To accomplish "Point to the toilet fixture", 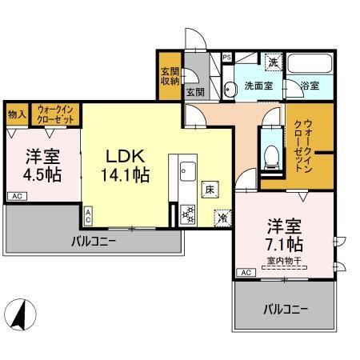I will pos(270,155).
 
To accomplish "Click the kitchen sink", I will pos(188,170).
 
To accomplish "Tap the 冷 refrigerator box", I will pos(221,215).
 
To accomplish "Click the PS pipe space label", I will pos(226,58).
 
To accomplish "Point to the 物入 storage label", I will pos(18,114).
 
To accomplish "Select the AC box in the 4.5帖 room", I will pos(15,195).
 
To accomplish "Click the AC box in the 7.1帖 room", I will pos(244,273).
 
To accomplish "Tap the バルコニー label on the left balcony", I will pos(94,240).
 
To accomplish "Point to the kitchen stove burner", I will pos(189,214).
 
